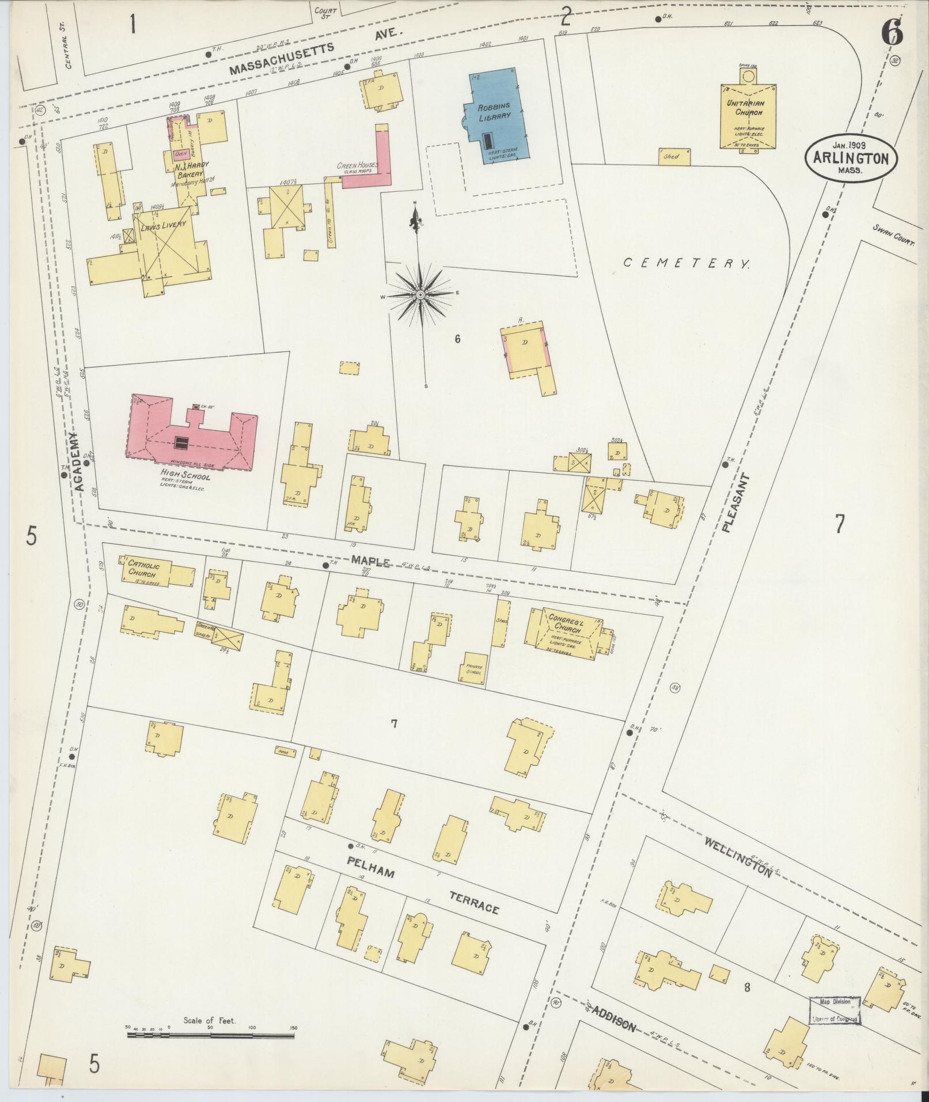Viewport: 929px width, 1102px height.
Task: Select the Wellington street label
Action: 738,861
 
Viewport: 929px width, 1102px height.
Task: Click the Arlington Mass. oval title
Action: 850,159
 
